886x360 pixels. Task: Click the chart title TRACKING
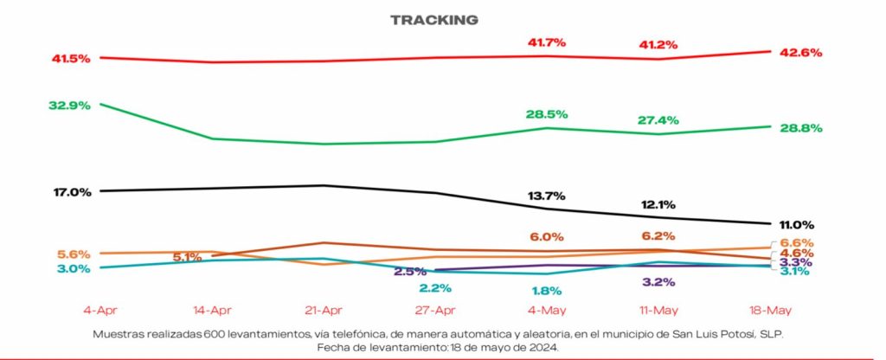click(x=434, y=20)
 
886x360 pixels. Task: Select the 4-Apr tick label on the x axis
click(x=100, y=309)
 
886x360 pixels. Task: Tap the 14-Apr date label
click(x=212, y=309)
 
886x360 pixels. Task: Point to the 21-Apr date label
click(x=323, y=309)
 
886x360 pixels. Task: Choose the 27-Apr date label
click(x=434, y=309)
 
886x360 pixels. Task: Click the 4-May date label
click(x=546, y=309)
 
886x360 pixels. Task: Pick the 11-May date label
click(x=658, y=309)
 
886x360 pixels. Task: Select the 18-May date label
click(x=769, y=309)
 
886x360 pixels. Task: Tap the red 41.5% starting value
click(x=70, y=58)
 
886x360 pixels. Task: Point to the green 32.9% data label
click(x=70, y=105)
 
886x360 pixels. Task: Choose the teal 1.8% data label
click(x=546, y=291)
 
